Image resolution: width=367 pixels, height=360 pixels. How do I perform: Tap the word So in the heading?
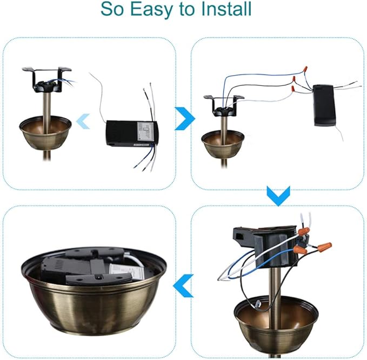click(112, 9)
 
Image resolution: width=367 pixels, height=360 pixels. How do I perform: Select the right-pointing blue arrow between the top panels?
click(185, 119)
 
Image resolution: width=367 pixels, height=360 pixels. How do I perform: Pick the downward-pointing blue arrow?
click(278, 196)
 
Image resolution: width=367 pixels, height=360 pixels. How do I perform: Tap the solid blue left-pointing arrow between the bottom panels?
click(183, 285)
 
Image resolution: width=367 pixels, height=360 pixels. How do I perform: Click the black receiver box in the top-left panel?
click(132, 134)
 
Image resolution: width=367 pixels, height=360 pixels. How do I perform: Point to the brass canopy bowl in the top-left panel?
click(45, 133)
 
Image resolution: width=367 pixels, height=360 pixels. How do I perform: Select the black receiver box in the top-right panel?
click(324, 105)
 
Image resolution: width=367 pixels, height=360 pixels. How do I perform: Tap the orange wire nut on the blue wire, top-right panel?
click(304, 69)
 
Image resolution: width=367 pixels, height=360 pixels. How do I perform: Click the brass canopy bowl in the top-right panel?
click(223, 144)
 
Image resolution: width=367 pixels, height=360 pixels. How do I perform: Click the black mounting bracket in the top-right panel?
click(224, 106)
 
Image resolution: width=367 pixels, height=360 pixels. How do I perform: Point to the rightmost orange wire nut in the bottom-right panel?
click(324, 246)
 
